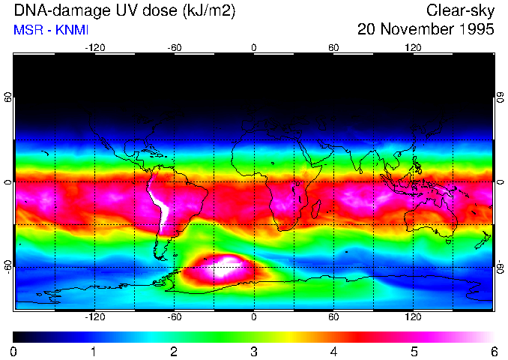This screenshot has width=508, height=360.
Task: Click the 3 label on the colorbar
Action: tap(254, 351)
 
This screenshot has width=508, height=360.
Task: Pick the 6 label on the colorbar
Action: tap(494, 351)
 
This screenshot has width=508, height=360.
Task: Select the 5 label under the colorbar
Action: tap(414, 351)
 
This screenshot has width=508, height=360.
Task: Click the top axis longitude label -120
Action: tap(94, 48)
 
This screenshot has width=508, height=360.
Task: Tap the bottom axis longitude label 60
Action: tap(333, 317)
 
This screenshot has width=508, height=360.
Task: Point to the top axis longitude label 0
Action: tap(254, 48)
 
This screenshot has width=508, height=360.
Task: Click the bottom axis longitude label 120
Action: tap(414, 317)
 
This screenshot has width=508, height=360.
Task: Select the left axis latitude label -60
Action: tap(7, 267)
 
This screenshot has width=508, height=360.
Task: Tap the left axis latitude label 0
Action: tap(7, 182)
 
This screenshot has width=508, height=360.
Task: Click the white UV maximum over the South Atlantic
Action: tap(225, 266)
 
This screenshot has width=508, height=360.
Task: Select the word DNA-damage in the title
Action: tap(53, 10)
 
